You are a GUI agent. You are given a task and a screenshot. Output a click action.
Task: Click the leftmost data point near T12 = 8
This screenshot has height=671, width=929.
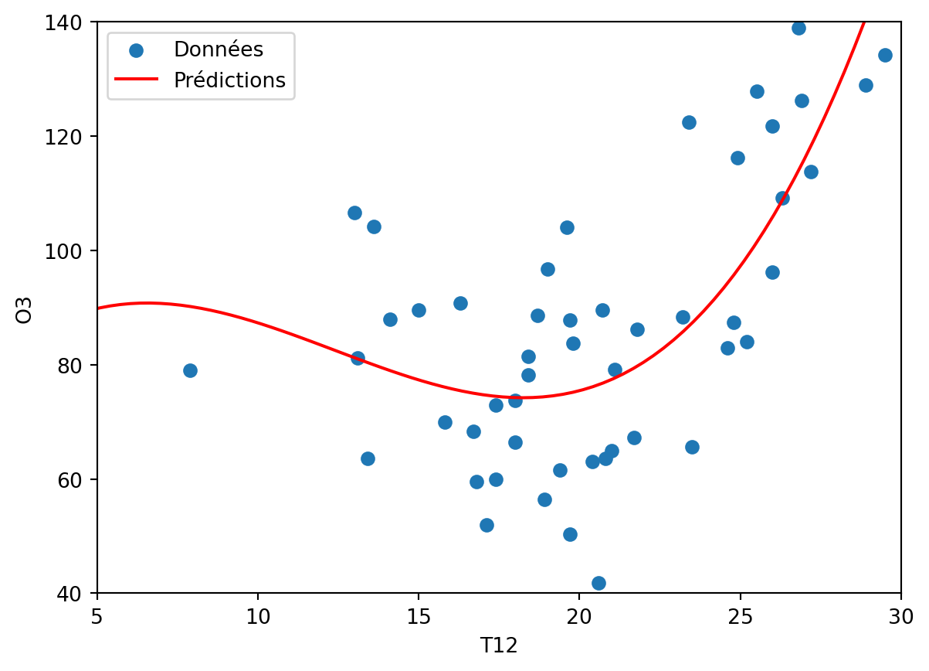click(x=190, y=370)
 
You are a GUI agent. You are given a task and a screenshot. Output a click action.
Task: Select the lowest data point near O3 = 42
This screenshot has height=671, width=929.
click(x=598, y=583)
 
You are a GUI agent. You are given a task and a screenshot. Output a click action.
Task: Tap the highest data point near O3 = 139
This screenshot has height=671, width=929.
click(x=798, y=28)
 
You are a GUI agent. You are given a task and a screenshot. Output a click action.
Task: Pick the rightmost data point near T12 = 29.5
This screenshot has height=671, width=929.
click(x=885, y=55)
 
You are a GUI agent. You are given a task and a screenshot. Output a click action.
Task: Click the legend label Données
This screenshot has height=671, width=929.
click(x=219, y=50)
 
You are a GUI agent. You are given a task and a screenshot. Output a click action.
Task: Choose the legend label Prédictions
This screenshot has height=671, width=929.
click(x=229, y=80)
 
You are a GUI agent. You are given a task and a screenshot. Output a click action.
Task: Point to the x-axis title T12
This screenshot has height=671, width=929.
click(x=499, y=646)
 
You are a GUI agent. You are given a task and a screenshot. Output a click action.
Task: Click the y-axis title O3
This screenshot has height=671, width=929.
click(x=25, y=308)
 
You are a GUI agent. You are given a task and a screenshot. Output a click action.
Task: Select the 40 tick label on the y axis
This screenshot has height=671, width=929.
click(x=77, y=594)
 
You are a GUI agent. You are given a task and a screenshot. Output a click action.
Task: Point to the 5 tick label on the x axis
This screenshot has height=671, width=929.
click(x=97, y=616)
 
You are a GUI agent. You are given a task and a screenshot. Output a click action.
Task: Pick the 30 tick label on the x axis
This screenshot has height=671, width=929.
click(x=900, y=616)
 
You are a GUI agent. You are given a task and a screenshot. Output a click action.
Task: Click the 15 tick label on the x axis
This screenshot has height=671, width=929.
click(x=419, y=616)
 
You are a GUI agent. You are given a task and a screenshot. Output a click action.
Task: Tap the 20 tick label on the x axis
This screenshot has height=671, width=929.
click(x=579, y=616)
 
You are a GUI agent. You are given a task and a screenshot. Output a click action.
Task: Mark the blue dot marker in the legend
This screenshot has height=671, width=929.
click(x=137, y=50)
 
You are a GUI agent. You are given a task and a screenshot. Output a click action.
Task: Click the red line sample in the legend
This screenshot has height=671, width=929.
click(x=137, y=80)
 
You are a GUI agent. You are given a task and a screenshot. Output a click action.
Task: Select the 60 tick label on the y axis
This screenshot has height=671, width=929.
click(x=77, y=479)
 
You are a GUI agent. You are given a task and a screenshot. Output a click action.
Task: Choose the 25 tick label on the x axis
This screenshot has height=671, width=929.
click(x=740, y=616)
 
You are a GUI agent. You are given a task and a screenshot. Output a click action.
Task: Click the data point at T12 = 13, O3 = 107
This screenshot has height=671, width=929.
click(x=354, y=213)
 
